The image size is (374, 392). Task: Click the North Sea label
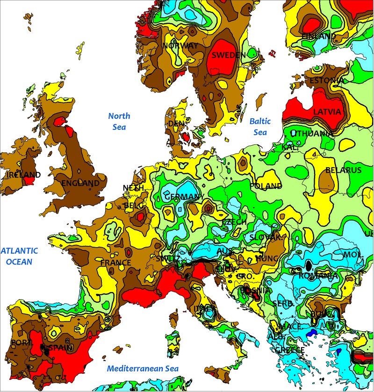119,121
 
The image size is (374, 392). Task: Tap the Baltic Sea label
260,126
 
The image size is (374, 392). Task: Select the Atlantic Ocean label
19,256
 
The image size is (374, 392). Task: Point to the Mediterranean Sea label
143,368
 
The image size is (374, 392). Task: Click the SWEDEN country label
229,55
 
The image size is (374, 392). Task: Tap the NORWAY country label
180,45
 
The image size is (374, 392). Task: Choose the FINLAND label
318,36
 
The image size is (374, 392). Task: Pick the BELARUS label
343,170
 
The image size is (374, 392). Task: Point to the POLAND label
266,186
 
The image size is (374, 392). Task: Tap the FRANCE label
115,263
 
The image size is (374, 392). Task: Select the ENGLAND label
80,183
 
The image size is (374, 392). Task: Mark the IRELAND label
24,175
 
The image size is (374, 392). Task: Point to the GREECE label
289,350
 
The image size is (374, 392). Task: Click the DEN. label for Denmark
177,123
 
